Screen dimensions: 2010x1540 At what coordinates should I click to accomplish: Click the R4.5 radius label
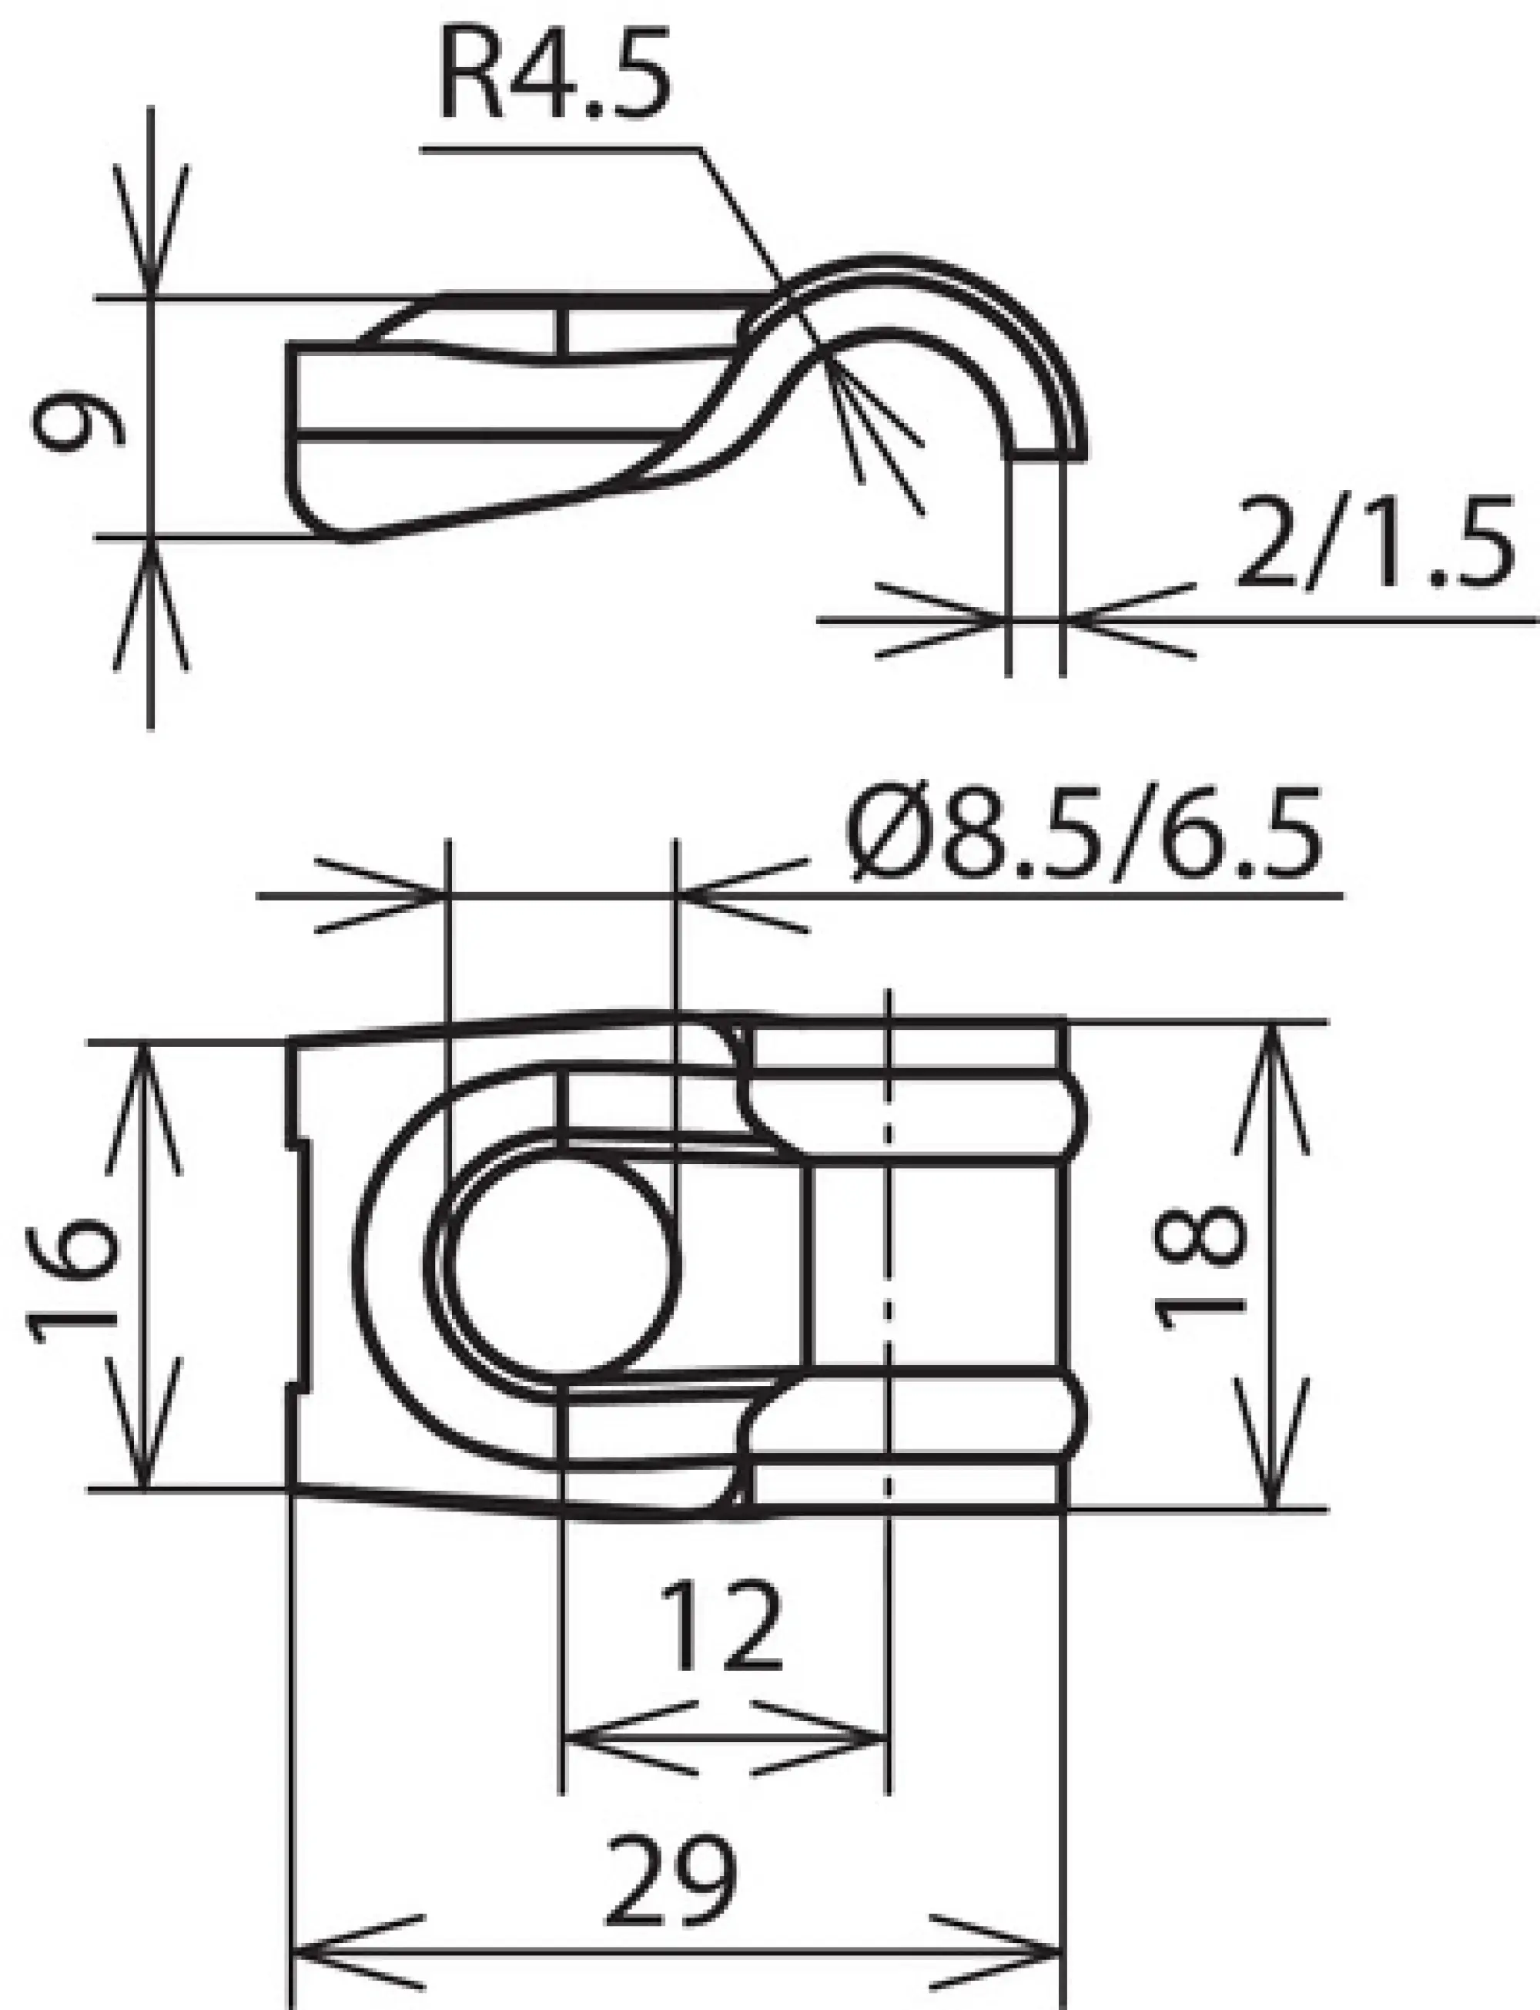[x=554, y=76]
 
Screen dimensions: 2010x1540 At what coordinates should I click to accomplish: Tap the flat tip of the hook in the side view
[x=1048, y=452]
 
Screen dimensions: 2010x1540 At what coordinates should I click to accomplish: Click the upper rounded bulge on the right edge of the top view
[x=1078, y=1116]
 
